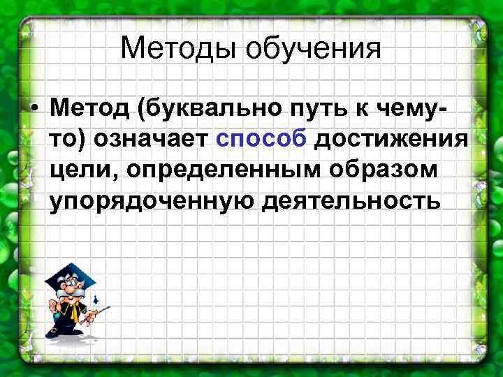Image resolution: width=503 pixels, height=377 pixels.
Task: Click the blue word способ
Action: click(x=261, y=140)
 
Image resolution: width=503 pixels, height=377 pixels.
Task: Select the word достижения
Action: click(x=391, y=140)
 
